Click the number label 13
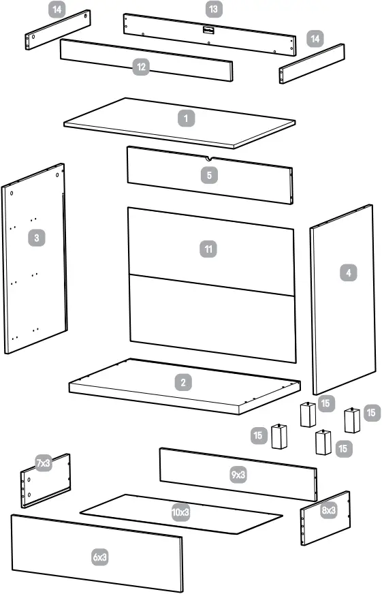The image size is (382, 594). (x=214, y=9)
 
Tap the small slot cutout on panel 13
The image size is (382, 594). (x=207, y=29)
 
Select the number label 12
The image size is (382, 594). (x=141, y=67)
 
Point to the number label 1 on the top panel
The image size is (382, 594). (x=185, y=119)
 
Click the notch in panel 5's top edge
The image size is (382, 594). (x=208, y=159)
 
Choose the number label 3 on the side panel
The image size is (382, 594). (x=36, y=238)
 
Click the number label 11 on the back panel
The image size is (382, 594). (x=208, y=249)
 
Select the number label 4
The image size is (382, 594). (x=348, y=272)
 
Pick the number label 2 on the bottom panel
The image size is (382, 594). (x=183, y=382)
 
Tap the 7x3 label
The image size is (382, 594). (x=44, y=463)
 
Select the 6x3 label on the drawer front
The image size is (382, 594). (x=100, y=557)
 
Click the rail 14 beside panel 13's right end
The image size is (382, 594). (x=311, y=63)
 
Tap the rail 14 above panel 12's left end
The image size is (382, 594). (x=58, y=29)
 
